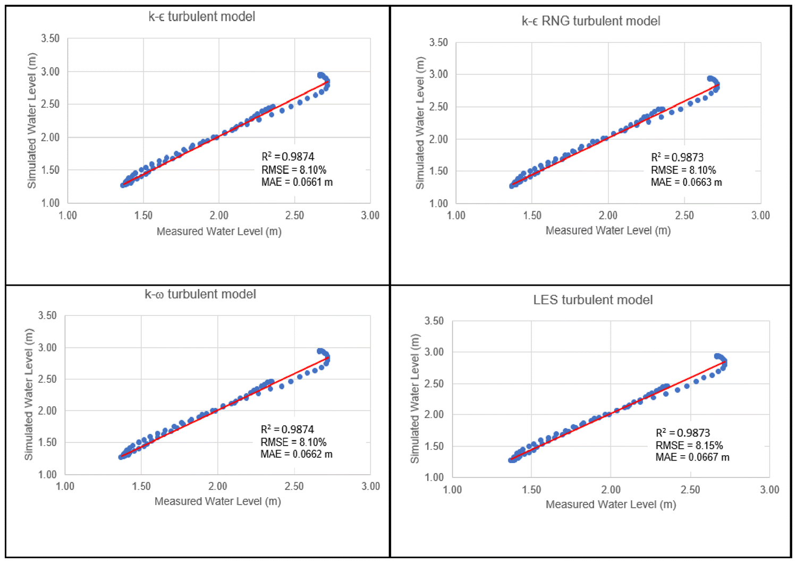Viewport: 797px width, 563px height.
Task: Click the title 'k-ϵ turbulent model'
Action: pyautogui.click(x=201, y=16)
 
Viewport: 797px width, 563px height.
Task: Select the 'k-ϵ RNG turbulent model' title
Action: pyautogui.click(x=591, y=21)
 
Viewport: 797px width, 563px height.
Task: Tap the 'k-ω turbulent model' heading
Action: pyautogui.click(x=200, y=294)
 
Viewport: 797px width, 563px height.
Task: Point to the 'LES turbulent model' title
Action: pyautogui.click(x=593, y=300)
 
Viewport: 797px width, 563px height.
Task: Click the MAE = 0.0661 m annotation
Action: pyautogui.click(x=297, y=182)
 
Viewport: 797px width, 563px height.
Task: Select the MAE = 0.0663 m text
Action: pyautogui.click(x=686, y=182)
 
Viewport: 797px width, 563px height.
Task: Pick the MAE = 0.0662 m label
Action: pyautogui.click(x=296, y=454)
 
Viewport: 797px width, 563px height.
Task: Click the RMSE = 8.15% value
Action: pyautogui.click(x=689, y=445)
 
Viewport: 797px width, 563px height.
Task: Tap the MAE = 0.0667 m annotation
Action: pyautogui.click(x=692, y=457)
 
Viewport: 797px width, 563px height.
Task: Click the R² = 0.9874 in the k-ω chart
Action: pyautogui.click(x=287, y=429)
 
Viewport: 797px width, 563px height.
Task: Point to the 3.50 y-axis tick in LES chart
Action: pyautogui.click(x=435, y=321)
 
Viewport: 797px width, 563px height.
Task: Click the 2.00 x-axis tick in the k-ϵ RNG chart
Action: pyautogui.click(x=608, y=216)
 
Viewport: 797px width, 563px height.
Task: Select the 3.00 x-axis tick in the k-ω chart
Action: pyautogui.click(x=370, y=487)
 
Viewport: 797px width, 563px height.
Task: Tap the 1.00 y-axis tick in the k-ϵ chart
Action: pyautogui.click(x=50, y=203)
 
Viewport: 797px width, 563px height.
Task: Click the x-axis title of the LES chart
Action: pyautogui.click(x=611, y=505)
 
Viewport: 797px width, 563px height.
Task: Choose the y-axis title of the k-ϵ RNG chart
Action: pyautogui.click(x=420, y=123)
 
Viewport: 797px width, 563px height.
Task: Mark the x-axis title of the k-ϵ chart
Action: pyautogui.click(x=219, y=232)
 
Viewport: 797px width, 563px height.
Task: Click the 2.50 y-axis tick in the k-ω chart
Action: pyautogui.click(x=47, y=379)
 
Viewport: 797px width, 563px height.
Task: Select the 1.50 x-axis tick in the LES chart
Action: pyautogui.click(x=531, y=490)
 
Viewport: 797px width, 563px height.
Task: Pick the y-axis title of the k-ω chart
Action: pyautogui.click(x=29, y=394)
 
